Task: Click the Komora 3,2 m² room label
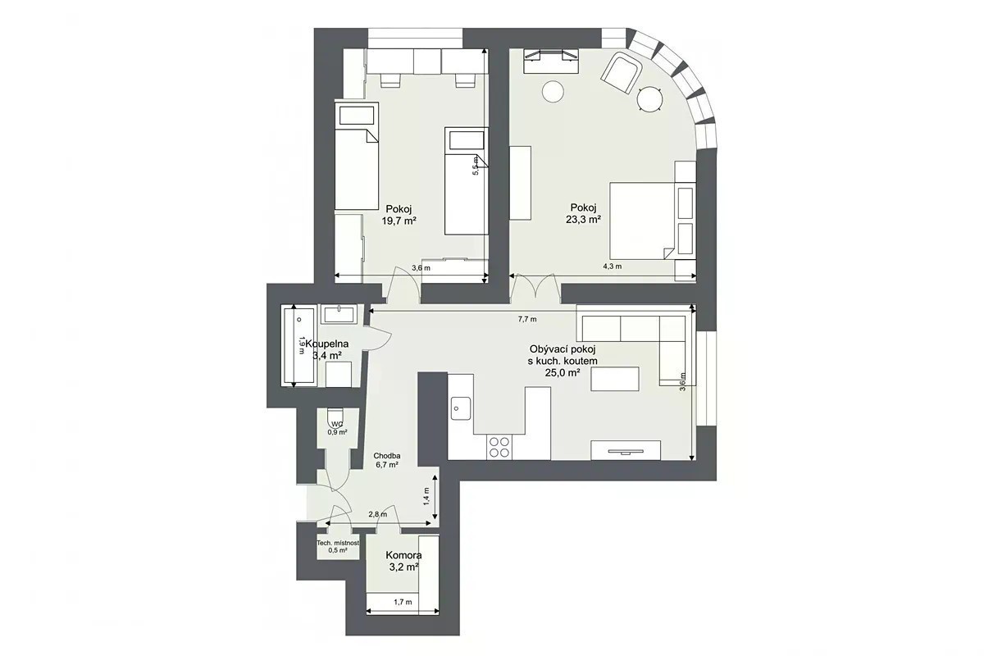403,561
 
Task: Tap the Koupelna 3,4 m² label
327,349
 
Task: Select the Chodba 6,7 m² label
387,460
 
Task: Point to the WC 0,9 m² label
337,428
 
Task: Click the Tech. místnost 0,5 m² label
338,547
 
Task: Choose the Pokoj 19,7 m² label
399,214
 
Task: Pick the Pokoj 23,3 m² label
583,213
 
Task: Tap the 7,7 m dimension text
527,319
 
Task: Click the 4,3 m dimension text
613,266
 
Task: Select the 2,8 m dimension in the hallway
378,514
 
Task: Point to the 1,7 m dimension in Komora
403,602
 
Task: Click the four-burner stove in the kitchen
499,447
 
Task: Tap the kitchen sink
461,408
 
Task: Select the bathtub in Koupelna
299,347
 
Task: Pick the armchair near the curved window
622,73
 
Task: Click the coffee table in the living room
614,379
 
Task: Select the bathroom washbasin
338,314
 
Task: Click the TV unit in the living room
626,450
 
